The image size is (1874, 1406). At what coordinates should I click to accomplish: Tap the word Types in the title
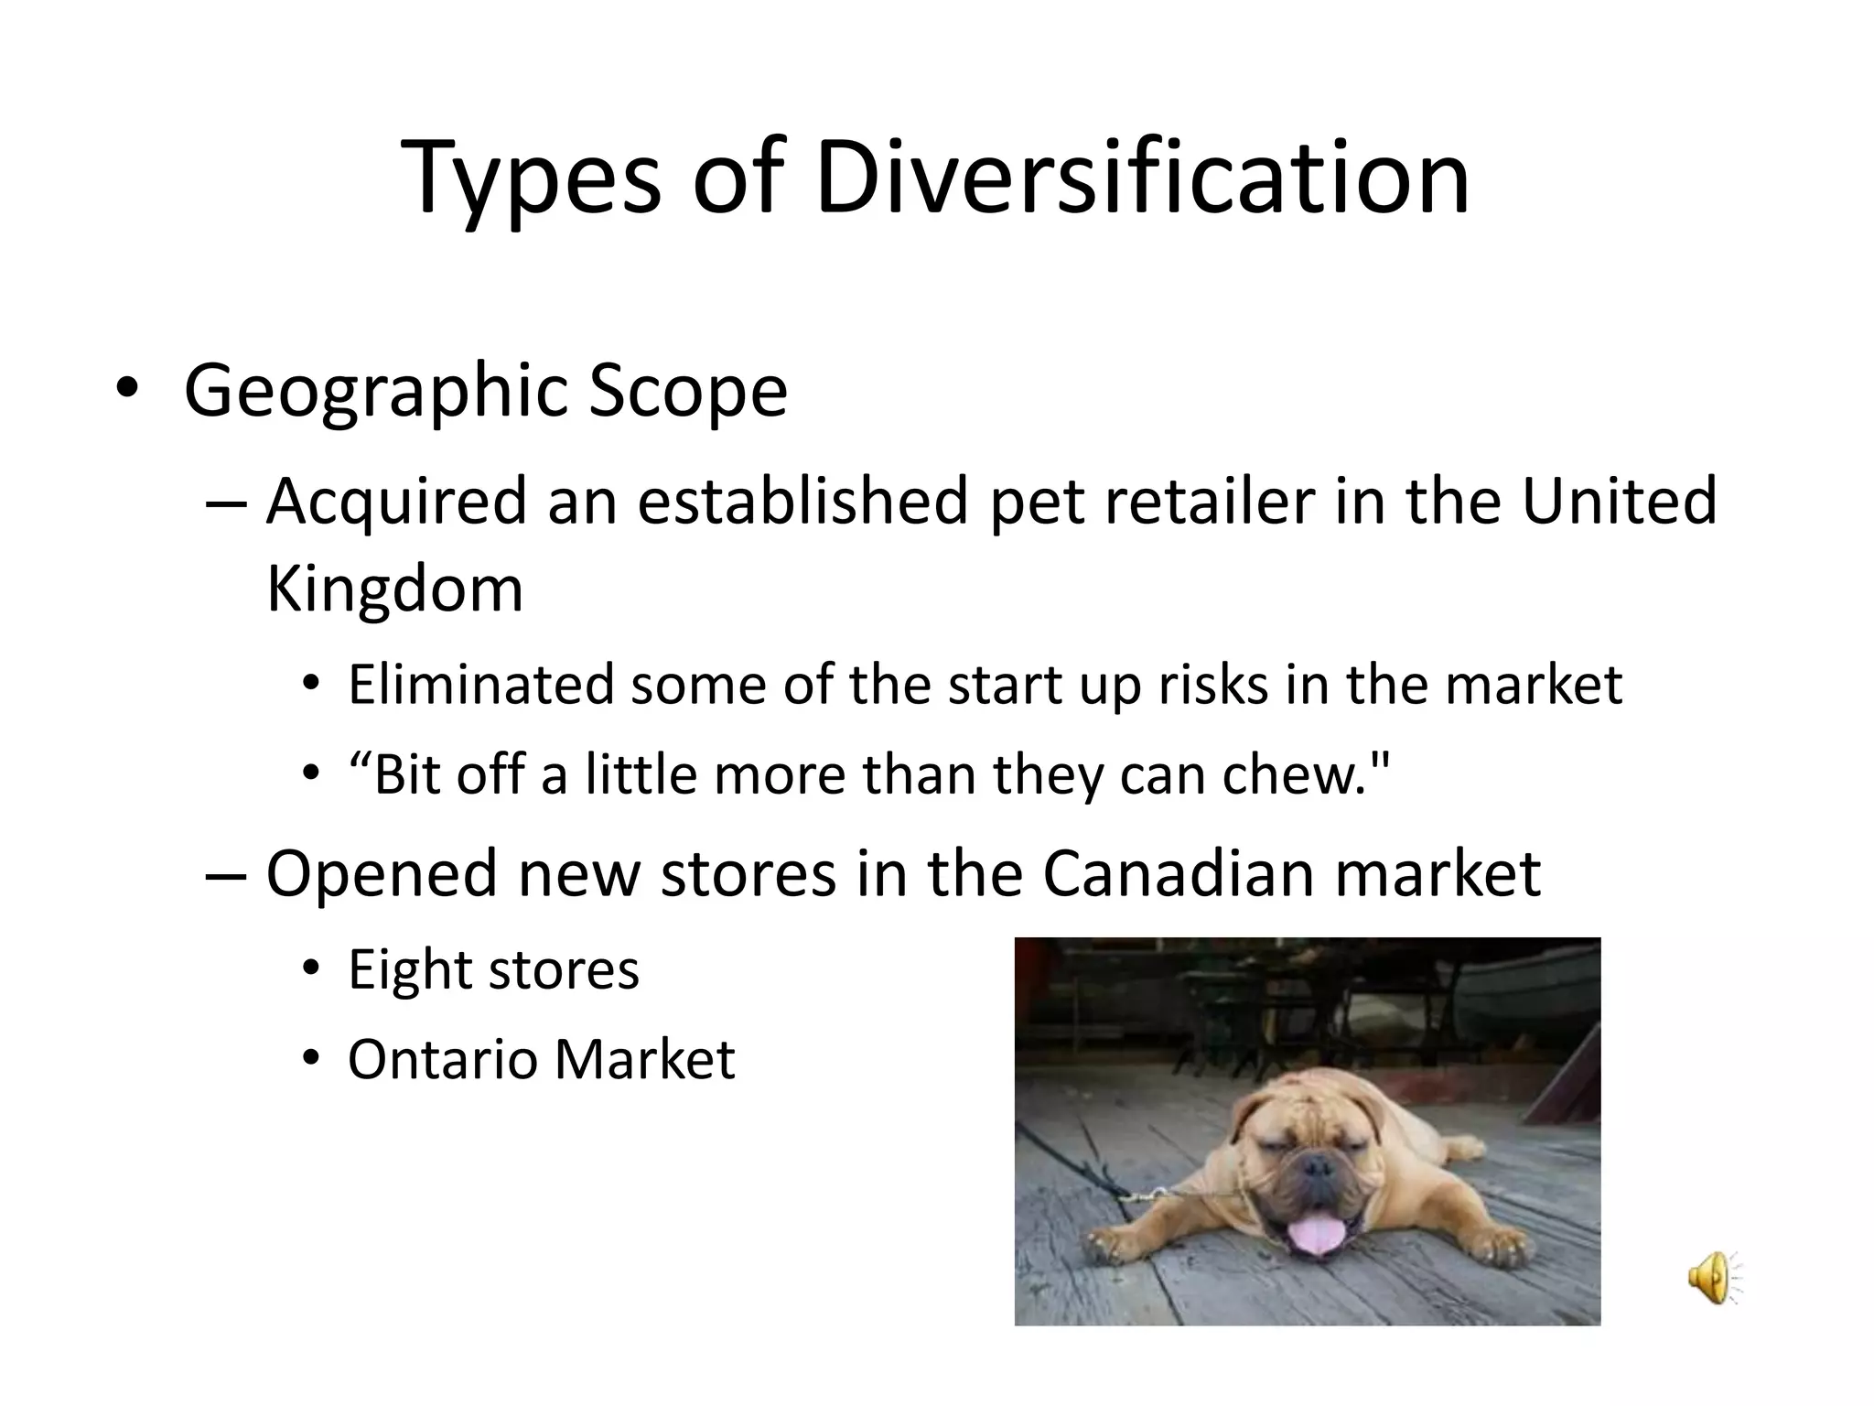531,179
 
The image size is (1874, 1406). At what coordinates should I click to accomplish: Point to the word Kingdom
394,589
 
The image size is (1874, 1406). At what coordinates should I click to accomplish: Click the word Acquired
396,503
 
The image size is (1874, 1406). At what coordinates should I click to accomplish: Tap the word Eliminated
479,685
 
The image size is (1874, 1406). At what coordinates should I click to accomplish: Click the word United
1619,502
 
